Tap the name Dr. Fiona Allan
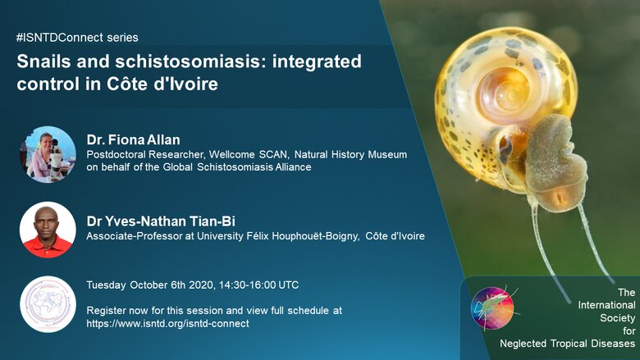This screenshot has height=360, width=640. click(x=133, y=140)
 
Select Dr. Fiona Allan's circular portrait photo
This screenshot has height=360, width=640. click(x=48, y=154)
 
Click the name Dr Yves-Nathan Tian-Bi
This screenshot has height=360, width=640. click(x=161, y=221)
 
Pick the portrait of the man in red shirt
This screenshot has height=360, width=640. click(x=48, y=230)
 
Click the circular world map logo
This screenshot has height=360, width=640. click(x=48, y=304)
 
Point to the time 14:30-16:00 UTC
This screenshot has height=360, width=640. click(x=258, y=285)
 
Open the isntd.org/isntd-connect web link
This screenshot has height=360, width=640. click(x=167, y=324)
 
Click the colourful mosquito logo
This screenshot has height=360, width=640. click(x=492, y=308)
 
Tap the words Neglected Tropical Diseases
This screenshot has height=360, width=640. click(x=567, y=344)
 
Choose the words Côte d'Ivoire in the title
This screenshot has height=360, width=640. click(x=162, y=84)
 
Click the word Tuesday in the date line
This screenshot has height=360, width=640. click(x=106, y=285)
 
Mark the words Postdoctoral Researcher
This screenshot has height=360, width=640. click(x=145, y=155)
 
